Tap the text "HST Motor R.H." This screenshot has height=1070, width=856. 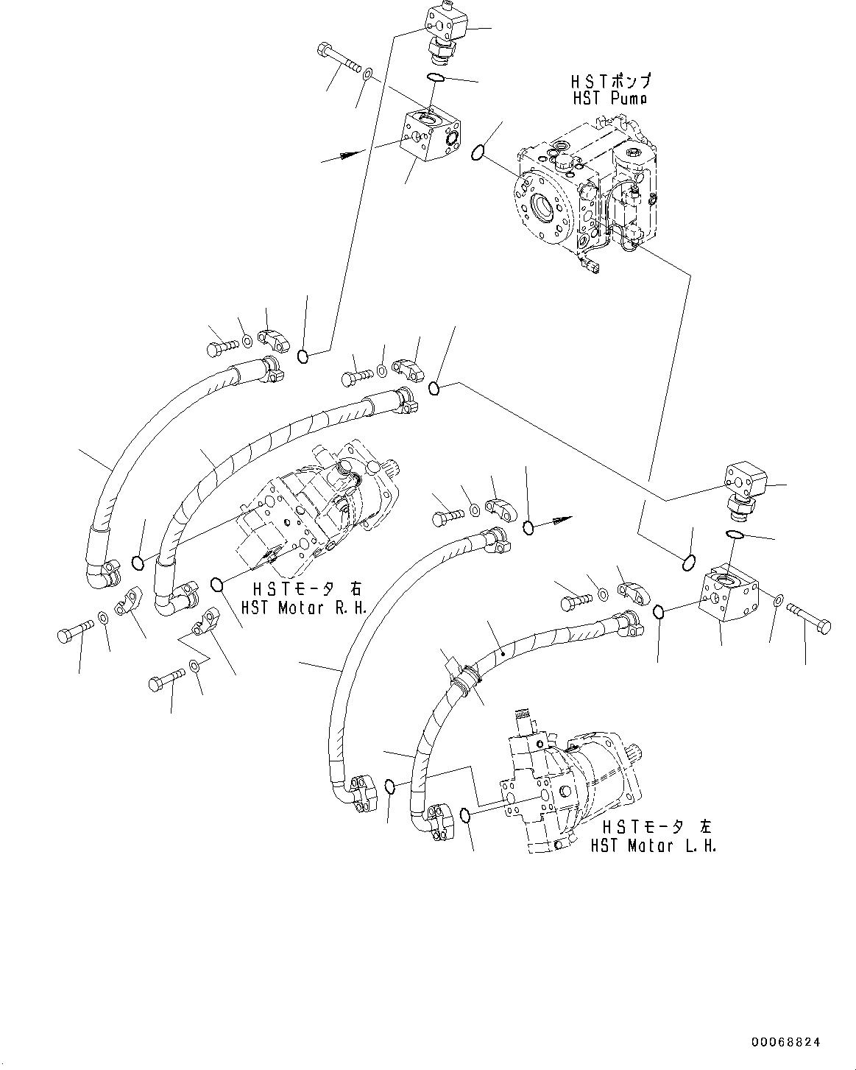coord(304,608)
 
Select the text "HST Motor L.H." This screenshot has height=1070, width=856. coord(653,845)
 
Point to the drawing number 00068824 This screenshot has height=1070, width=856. coord(785,1042)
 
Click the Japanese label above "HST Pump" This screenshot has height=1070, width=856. coord(610,80)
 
